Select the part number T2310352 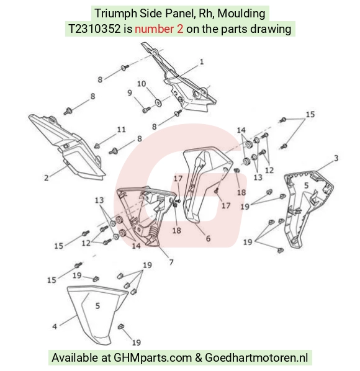point(94,29)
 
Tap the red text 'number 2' point(159,29)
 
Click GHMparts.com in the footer point(153,358)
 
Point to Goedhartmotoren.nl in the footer point(256,357)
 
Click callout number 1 point(202,62)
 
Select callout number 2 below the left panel point(47,177)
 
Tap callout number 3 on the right point(336,158)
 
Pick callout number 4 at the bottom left point(55,326)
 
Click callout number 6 point(208,238)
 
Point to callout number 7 point(171,262)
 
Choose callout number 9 point(130,93)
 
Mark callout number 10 point(142,84)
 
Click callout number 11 point(122,130)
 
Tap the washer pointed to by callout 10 point(158,103)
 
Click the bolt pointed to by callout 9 point(146,110)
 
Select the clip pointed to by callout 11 point(97,146)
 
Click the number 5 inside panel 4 point(97,306)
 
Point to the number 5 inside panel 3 point(306,185)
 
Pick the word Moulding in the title point(241,14)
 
